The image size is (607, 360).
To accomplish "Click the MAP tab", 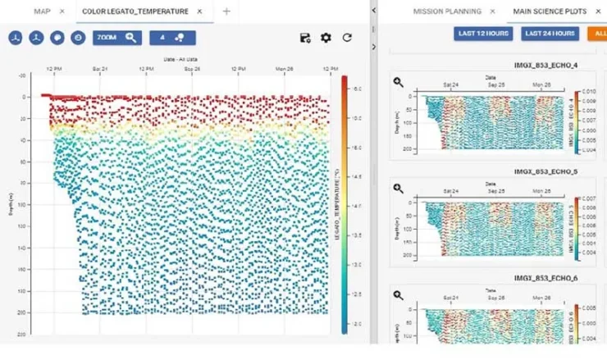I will pos(41,11).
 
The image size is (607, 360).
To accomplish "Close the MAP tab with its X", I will pos(62,11).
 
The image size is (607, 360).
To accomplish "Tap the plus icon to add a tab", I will pos(226,11).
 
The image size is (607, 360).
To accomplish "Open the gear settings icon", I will pos(326,38).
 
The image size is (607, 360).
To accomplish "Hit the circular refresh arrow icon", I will pos(347,38).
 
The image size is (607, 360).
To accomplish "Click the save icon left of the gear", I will pos(305,38).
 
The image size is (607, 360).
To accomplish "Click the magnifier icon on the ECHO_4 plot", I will pos(398,82).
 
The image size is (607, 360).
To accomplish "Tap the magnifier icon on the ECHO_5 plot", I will pos(398,188).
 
